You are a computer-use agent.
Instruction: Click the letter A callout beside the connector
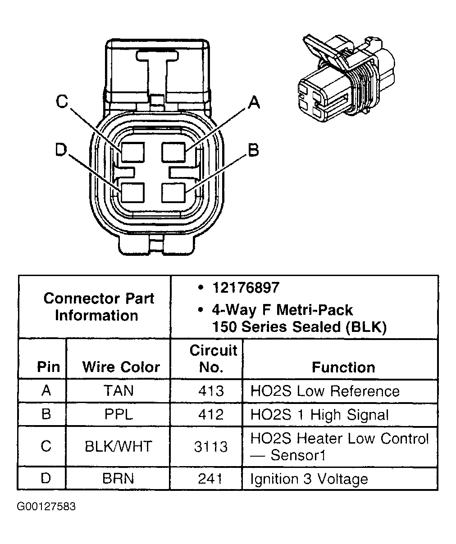pyautogui.click(x=254, y=103)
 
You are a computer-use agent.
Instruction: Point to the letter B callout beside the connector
pyautogui.click(x=254, y=150)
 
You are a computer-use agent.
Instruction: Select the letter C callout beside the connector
pyautogui.click(x=62, y=102)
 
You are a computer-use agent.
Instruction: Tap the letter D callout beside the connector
pyautogui.click(x=61, y=150)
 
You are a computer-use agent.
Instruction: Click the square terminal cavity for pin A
pyautogui.click(x=173, y=152)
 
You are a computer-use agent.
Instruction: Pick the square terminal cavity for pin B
pyautogui.click(x=173, y=193)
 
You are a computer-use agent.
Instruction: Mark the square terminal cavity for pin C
pyautogui.click(x=132, y=152)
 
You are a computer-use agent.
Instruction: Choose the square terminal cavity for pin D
pyautogui.click(x=132, y=193)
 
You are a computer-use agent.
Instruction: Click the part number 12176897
pyautogui.click(x=246, y=288)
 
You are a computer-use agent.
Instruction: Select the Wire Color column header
pyautogui.click(x=121, y=367)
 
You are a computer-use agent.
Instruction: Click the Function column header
pyautogui.click(x=343, y=367)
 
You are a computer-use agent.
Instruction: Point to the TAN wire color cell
pyautogui.click(x=119, y=390)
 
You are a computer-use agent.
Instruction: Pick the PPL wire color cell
pyautogui.click(x=119, y=414)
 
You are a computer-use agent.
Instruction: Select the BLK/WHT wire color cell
pyautogui.click(x=119, y=447)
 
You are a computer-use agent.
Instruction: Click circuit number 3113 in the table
pyautogui.click(x=211, y=447)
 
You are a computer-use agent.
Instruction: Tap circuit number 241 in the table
pyautogui.click(x=211, y=479)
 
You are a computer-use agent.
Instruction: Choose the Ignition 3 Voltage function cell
pyautogui.click(x=309, y=479)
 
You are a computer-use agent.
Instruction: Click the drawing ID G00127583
pyautogui.click(x=46, y=507)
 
